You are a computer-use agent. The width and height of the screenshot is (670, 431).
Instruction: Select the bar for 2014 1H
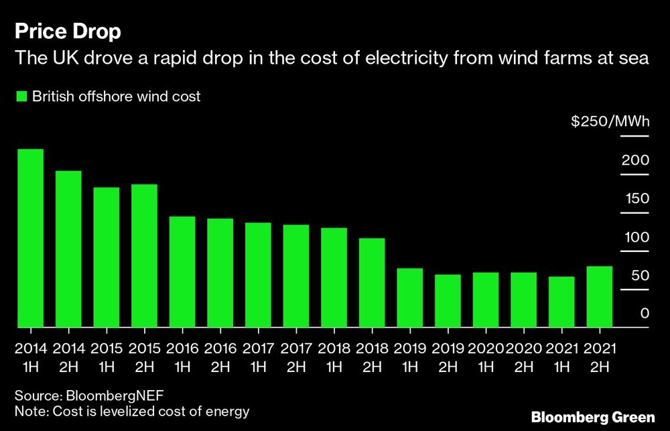tap(30, 238)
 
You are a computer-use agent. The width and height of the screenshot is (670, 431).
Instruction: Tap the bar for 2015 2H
tap(144, 255)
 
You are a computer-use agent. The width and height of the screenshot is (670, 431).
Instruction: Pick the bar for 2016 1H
tap(182, 271)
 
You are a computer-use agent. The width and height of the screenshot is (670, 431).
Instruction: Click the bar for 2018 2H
tap(372, 282)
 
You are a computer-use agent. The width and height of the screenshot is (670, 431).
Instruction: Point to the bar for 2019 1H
tap(409, 298)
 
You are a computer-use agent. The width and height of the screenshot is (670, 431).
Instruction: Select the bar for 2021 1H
tap(561, 302)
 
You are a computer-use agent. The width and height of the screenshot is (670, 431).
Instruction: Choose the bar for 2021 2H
tap(599, 296)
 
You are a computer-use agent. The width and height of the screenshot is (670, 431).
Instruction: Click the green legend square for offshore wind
tap(21, 97)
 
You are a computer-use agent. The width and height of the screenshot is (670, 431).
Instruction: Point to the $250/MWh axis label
tap(609, 122)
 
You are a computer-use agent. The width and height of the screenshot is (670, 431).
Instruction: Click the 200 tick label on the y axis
tap(635, 160)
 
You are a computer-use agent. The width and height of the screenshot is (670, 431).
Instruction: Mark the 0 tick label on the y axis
tap(644, 314)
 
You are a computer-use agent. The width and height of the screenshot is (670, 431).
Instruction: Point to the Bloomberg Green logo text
tap(592, 417)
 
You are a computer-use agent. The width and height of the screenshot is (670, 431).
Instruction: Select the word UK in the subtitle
tap(58, 60)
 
